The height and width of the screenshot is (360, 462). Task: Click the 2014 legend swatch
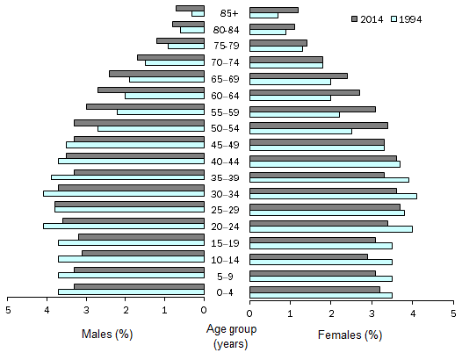[354, 18]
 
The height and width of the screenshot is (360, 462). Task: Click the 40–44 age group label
[227, 161]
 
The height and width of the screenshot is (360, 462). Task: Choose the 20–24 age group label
[227, 226]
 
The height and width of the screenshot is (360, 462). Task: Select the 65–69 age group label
[227, 79]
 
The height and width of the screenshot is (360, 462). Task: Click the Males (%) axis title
[106, 335]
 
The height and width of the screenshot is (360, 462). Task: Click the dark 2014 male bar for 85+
[191, 9]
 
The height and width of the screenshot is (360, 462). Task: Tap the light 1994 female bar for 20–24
[331, 229]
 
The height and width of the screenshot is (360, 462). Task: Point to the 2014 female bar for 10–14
[309, 256]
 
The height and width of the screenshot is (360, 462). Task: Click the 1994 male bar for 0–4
[132, 292]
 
